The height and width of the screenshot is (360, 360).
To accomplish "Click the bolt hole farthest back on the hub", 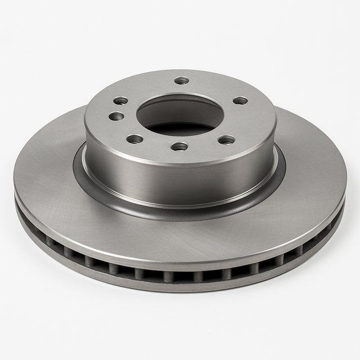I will coord(181,80).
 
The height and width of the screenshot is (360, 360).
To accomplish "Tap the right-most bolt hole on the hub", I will coord(240,101).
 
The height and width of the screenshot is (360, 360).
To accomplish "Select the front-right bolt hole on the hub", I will coord(226,139).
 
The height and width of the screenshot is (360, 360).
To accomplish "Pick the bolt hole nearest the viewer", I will coord(179,146).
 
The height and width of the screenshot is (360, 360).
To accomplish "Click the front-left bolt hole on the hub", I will coord(134,139).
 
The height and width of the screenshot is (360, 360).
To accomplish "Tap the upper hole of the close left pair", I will coord(121,101).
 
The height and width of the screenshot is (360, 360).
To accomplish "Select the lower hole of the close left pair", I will coord(116,116).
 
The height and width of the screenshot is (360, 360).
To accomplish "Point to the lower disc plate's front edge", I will coord(180,287).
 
